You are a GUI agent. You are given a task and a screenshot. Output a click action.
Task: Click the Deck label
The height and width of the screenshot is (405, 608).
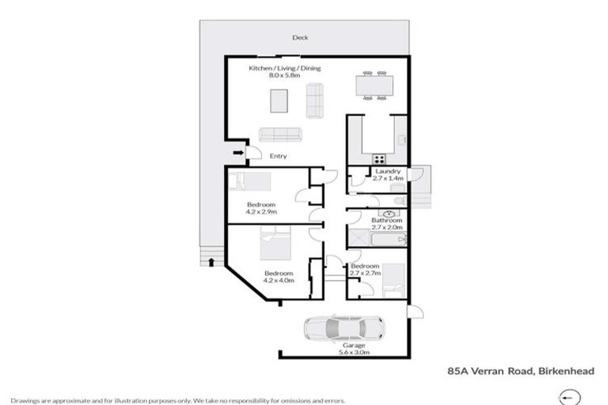click(x=299, y=37)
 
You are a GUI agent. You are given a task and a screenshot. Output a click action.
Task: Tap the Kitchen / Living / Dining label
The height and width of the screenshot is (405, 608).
click(x=285, y=68)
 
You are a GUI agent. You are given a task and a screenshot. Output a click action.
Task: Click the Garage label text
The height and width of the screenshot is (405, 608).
click(x=353, y=346)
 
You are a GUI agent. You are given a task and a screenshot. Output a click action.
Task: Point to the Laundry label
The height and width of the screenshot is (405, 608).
click(x=388, y=172)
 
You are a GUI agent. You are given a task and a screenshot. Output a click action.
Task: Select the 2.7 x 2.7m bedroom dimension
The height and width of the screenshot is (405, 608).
click(x=366, y=273)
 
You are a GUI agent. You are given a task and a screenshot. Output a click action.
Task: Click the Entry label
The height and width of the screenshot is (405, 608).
click(x=278, y=156)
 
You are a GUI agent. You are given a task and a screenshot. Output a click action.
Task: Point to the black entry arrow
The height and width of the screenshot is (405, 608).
click(x=237, y=153)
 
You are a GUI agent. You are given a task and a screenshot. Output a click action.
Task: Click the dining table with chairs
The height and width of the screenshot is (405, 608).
click(x=373, y=84)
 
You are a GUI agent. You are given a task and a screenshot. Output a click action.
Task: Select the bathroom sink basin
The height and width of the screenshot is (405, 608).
click(x=389, y=213)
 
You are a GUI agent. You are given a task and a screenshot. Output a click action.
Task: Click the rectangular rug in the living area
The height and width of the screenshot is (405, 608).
click(x=279, y=101)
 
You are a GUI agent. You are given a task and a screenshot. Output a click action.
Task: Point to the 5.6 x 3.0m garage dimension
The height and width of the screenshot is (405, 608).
click(x=353, y=354)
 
